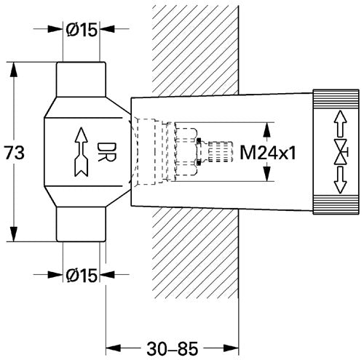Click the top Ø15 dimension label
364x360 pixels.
82,30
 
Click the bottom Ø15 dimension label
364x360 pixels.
82,276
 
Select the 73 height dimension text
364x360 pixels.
15,153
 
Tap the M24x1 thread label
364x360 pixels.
268,153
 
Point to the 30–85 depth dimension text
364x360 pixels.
173,349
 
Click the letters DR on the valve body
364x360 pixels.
106,152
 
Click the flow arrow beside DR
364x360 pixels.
82,151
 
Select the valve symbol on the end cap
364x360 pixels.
341,152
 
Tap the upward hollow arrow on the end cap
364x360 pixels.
341,124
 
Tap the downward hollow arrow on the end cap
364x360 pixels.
341,180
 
